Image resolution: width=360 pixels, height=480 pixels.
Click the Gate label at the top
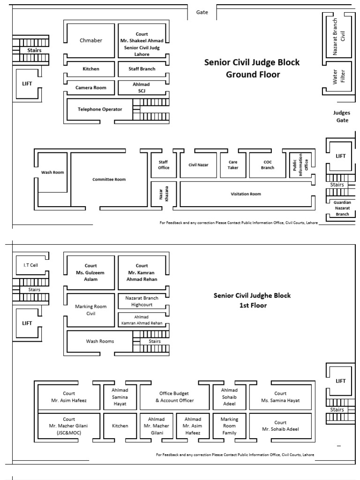pos(202,12)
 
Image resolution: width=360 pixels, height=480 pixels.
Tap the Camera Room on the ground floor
pos(90,88)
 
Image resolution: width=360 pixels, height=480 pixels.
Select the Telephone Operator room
pos(100,109)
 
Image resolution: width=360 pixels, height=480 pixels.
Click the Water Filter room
pos(338,76)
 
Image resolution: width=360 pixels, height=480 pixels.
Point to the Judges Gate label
pos(342,116)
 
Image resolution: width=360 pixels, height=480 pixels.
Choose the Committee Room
pos(109,180)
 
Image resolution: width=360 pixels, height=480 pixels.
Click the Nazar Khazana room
pos(164,194)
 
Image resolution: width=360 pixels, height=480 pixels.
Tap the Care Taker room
pos(233,165)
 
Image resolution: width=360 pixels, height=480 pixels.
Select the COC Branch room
pos(268,165)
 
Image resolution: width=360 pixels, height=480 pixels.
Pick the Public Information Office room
pos(300,165)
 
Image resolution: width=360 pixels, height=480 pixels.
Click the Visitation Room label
pos(246,194)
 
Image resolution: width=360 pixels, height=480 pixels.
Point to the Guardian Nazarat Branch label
pos(342,208)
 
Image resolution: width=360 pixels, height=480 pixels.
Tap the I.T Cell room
pos(30,265)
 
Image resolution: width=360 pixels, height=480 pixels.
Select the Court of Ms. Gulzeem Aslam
pos(90,272)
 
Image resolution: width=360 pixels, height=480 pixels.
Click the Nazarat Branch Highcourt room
pos(142,301)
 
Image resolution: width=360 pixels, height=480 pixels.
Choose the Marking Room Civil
pos(90,310)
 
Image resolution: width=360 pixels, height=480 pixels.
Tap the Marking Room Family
pos(229,426)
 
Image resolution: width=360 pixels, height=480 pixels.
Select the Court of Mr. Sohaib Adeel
pos(280,426)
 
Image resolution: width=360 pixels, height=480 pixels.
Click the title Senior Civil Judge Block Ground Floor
pos(252,68)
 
